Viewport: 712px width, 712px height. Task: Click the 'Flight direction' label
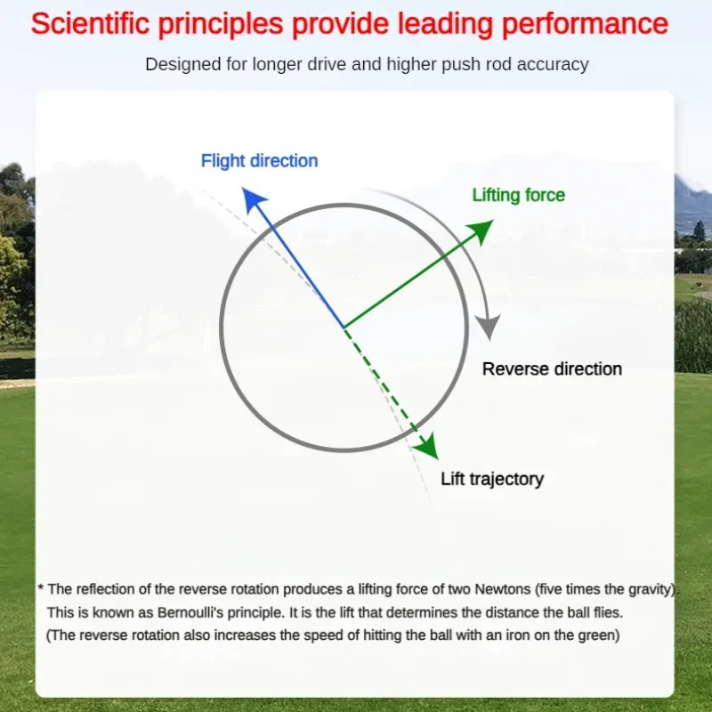point(259,161)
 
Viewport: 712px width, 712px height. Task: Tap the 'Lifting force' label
point(519,195)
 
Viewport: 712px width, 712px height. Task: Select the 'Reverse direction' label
point(552,369)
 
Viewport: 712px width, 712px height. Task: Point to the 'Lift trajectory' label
point(492,480)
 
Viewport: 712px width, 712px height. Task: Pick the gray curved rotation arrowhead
point(489,326)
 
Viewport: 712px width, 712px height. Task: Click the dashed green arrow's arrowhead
point(428,448)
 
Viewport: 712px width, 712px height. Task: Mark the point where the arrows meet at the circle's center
point(344,327)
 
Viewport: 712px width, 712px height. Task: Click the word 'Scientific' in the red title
point(90,24)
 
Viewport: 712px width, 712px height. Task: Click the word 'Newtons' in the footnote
point(503,589)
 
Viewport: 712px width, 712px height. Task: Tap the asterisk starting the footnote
point(40,587)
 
